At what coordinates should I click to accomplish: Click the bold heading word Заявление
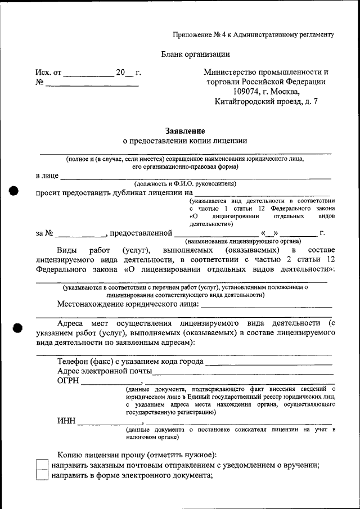click(x=185, y=130)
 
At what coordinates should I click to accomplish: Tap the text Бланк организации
click(x=195, y=55)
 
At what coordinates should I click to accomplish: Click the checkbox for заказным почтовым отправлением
click(x=42, y=465)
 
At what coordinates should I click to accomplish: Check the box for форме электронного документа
click(x=42, y=476)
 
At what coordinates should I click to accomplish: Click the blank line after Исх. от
click(x=88, y=73)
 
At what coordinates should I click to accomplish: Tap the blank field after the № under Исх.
click(x=92, y=83)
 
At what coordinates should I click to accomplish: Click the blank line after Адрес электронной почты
click(x=243, y=372)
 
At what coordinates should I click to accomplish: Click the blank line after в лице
click(x=196, y=176)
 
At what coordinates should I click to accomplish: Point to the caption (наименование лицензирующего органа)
click(x=243, y=241)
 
